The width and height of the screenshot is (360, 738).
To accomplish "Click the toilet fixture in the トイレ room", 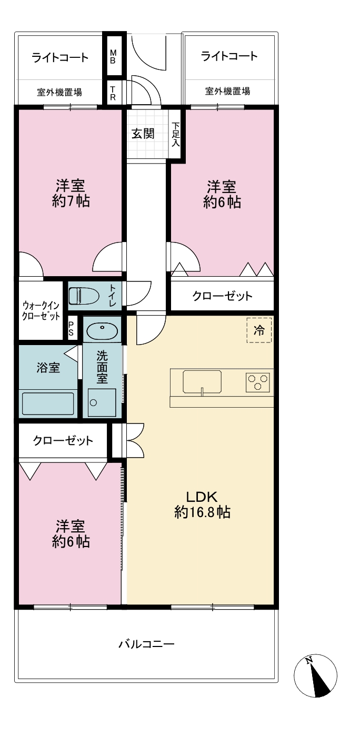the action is click(84, 296).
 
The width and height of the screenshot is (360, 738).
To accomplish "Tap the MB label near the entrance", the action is click(113, 57).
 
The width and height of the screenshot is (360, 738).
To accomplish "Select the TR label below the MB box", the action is click(113, 93).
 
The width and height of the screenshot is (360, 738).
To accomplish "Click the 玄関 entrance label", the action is click(143, 134).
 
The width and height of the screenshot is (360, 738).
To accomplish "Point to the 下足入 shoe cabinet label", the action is click(176, 135).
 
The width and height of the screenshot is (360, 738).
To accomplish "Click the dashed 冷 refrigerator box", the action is click(259, 330).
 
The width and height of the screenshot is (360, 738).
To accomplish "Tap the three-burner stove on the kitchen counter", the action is click(258, 382).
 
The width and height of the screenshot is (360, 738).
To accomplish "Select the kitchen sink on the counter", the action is click(202, 382).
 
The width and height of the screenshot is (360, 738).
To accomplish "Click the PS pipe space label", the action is click(71, 328).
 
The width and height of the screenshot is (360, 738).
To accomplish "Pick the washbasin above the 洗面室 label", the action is click(102, 329).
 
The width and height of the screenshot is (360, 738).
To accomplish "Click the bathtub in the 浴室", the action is click(48, 403).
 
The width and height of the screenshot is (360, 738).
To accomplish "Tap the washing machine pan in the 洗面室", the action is click(102, 402).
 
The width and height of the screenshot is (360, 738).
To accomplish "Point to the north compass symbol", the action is click(315, 675).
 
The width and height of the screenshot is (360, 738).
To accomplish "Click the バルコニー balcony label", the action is click(146, 644).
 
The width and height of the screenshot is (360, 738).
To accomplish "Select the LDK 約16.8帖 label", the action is click(202, 504).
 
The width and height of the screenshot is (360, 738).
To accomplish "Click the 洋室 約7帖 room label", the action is click(71, 193).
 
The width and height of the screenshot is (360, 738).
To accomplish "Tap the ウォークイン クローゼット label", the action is click(41, 311).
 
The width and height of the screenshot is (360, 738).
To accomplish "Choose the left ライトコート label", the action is click(60, 58).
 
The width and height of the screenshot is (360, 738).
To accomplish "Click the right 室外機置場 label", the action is click(227, 91).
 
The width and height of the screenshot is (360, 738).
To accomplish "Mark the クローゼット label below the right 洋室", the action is click(222, 296).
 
